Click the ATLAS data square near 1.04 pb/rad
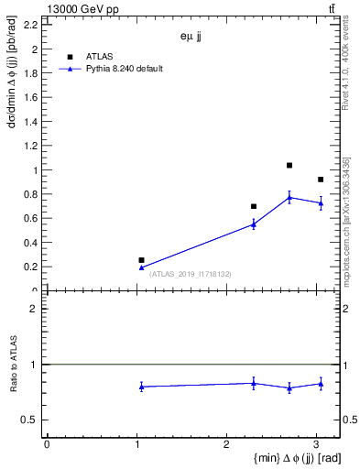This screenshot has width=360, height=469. (x=289, y=166)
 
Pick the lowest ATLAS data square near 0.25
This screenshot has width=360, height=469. (x=141, y=260)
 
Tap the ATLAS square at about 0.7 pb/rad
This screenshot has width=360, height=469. (x=254, y=206)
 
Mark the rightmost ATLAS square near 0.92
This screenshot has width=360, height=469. (x=321, y=180)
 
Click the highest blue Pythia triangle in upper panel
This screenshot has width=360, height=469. (x=289, y=197)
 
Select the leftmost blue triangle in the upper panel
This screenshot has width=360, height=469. (x=141, y=267)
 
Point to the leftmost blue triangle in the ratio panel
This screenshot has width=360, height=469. (x=141, y=387)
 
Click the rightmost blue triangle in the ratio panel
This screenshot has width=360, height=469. (x=321, y=384)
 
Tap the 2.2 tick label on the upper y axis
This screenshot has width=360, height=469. (x=31, y=26)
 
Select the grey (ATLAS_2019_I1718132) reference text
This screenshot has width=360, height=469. (x=191, y=274)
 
